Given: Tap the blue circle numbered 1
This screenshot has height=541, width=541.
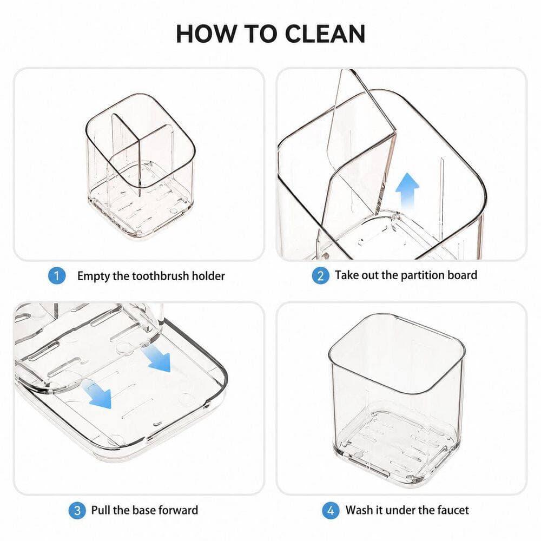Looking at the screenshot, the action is tap(57, 276).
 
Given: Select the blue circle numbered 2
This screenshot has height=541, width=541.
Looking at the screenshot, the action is tap(320, 276).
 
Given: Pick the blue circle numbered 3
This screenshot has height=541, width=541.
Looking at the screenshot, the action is tap(77, 510).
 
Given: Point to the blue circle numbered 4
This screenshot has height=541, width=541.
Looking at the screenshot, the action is tap(331, 510).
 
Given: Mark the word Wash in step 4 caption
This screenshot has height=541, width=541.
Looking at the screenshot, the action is tap(359, 510).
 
